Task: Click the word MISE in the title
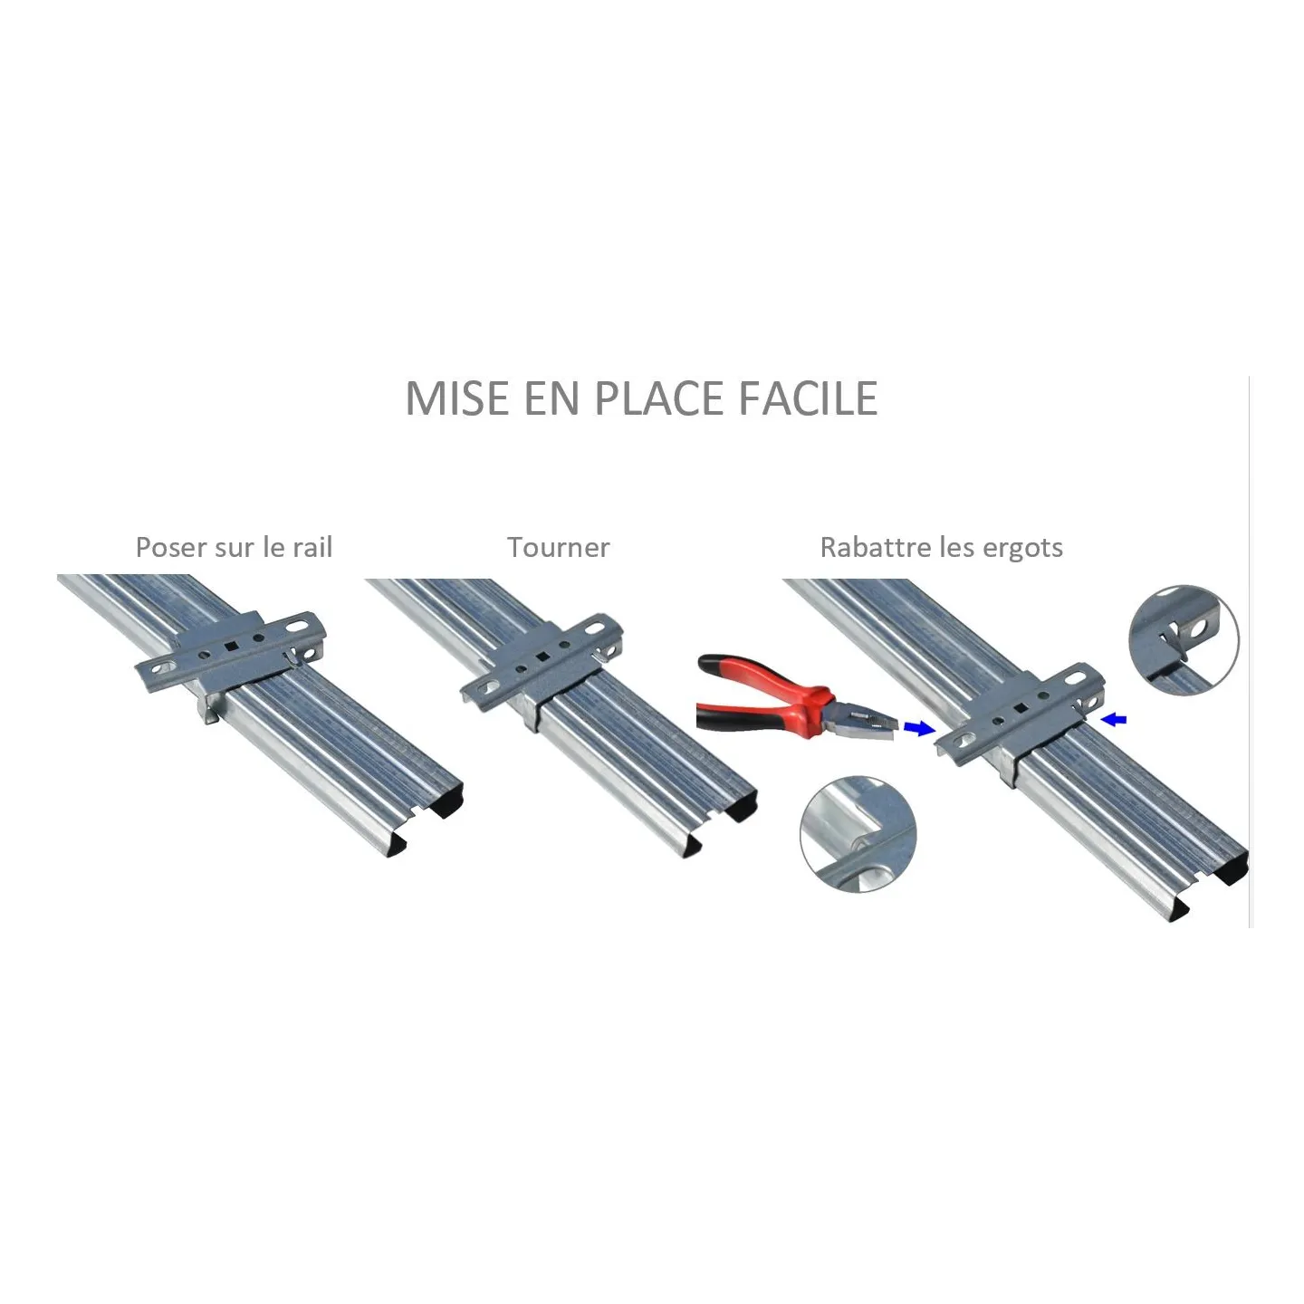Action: pos(456,398)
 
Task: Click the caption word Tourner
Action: pos(559,548)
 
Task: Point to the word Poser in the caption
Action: pos(170,548)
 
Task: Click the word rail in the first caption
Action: pos(312,547)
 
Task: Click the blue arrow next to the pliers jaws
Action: pos(919,727)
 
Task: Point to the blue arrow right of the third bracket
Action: pos(1114,720)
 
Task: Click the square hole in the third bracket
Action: pos(1020,708)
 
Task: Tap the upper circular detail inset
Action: pos(1184,639)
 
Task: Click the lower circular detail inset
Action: pos(858,834)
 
